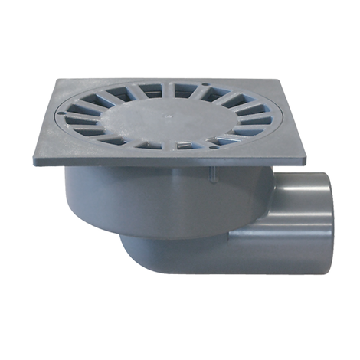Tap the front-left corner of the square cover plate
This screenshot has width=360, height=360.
point(35,162)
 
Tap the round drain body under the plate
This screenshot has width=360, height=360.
point(153,199)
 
